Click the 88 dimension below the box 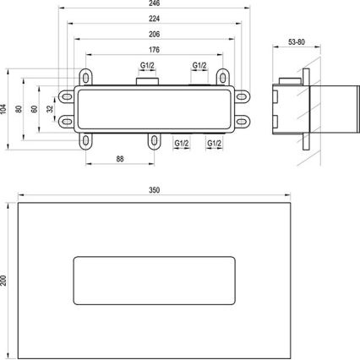[121, 157]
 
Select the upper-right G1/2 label [200, 66]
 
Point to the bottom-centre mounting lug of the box [153, 141]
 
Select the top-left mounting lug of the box [86, 74]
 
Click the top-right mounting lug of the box [221, 74]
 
